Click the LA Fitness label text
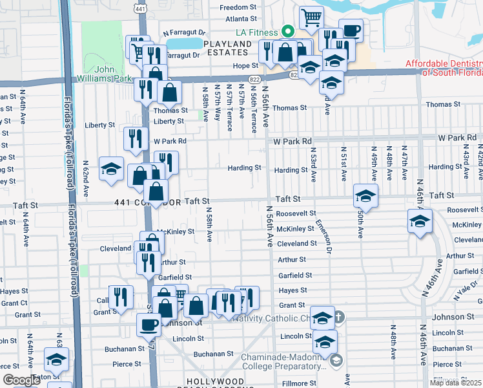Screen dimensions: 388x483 pos(257,32)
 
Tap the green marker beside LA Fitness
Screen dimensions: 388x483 pos(285,32)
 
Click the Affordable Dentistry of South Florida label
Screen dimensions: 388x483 pos(444,68)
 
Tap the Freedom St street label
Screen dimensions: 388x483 pos(238,8)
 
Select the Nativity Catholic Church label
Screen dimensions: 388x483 pos(278,318)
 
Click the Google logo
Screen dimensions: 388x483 pos(21,380)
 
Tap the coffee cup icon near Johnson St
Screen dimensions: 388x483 pos(149,325)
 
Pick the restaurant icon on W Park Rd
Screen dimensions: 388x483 pos(136,138)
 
